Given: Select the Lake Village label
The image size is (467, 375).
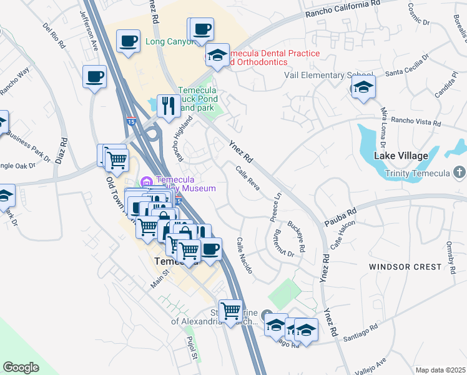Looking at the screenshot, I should pos(400,155).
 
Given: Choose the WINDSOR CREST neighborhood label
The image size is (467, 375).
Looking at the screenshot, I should pos(405,267).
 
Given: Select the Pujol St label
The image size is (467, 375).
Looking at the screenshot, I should pos(192,349).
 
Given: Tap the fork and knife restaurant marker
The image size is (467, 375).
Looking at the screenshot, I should pos(168,106).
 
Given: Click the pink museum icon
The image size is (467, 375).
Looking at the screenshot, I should pos(147,182).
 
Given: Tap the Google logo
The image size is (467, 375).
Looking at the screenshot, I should pos(21,367).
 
